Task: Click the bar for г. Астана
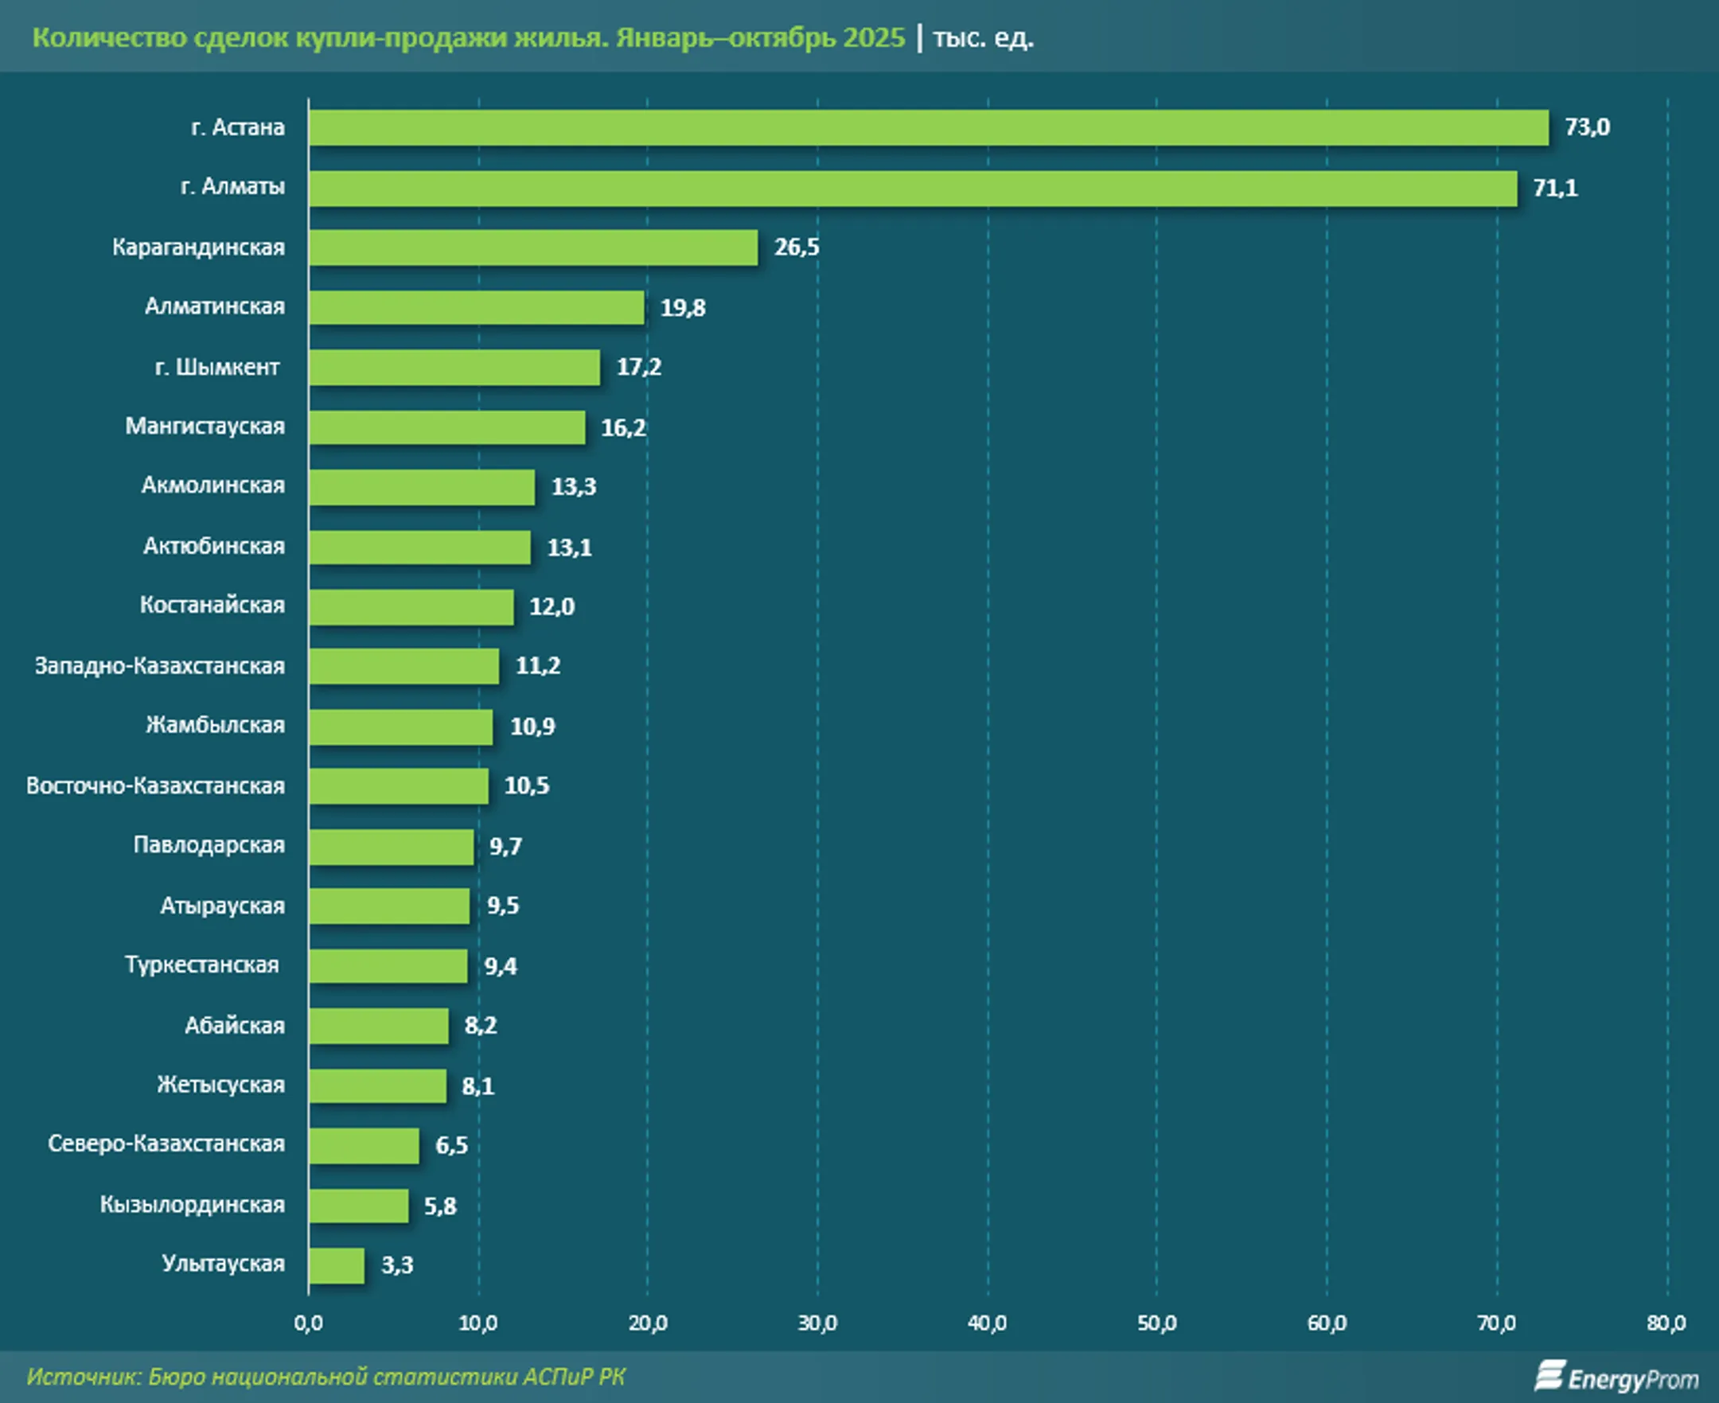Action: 928,127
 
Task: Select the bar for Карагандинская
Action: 533,247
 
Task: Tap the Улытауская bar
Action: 336,1265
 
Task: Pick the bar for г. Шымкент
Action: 454,368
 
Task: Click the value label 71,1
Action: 1555,189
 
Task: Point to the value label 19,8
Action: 683,308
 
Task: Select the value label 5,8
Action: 440,1206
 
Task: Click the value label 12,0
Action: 552,607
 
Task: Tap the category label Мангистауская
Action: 205,427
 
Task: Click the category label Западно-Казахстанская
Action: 160,666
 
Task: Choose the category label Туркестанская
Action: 202,965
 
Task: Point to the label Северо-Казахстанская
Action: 166,1144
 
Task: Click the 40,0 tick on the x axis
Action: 988,1323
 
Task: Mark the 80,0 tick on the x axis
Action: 1666,1323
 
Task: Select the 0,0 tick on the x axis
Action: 308,1323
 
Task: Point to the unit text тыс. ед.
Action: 983,38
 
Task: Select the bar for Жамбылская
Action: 401,727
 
